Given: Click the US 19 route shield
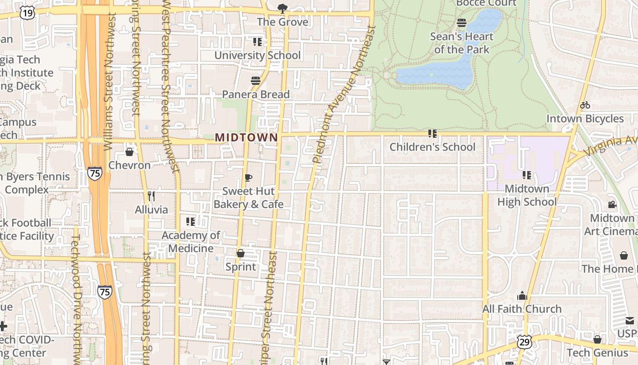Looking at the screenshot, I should (27, 13).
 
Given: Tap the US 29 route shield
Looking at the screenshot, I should (523, 341).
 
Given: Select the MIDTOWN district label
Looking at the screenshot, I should (246, 137).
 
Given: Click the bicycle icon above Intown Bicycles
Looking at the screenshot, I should (585, 105).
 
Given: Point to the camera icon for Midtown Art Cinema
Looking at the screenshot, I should (612, 204).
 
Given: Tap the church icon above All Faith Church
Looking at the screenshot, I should (522, 296).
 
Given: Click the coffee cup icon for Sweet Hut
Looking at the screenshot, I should (248, 177).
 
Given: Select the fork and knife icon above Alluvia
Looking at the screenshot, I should (151, 196).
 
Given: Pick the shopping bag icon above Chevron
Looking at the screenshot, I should (129, 151).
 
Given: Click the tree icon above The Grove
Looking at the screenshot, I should (283, 8).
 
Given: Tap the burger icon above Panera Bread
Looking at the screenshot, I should (256, 81).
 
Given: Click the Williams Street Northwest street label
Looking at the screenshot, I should (109, 82).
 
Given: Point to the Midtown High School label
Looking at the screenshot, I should (527, 195).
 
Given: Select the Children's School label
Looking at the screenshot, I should (432, 147).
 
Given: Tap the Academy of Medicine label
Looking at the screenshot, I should (191, 242).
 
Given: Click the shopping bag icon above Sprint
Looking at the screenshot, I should (241, 253).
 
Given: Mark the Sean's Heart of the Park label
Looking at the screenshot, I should (462, 43).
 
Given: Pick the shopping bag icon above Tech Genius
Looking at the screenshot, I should (597, 339).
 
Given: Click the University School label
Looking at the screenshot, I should (257, 55).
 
